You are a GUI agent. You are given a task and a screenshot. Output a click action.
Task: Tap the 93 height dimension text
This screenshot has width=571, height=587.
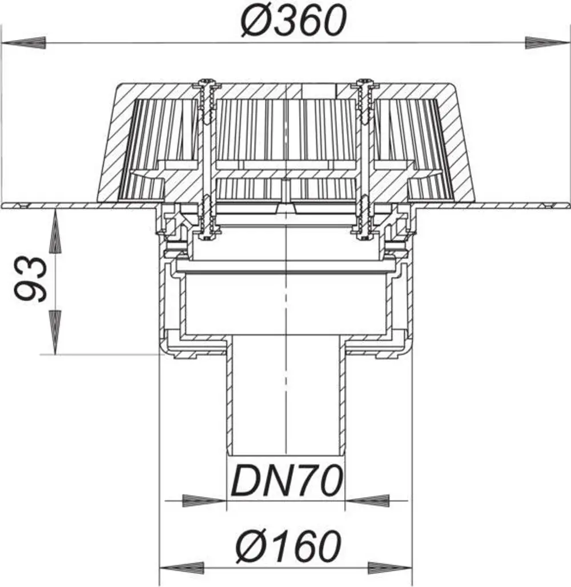tap(31, 279)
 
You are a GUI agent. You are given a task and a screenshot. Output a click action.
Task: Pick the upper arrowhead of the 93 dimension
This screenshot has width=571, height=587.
tap(55, 232)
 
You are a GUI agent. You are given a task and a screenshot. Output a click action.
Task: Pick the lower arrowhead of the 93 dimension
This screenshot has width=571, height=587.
tap(55, 332)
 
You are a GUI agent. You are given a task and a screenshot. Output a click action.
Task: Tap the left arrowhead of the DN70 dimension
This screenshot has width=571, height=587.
tap(204, 501)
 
